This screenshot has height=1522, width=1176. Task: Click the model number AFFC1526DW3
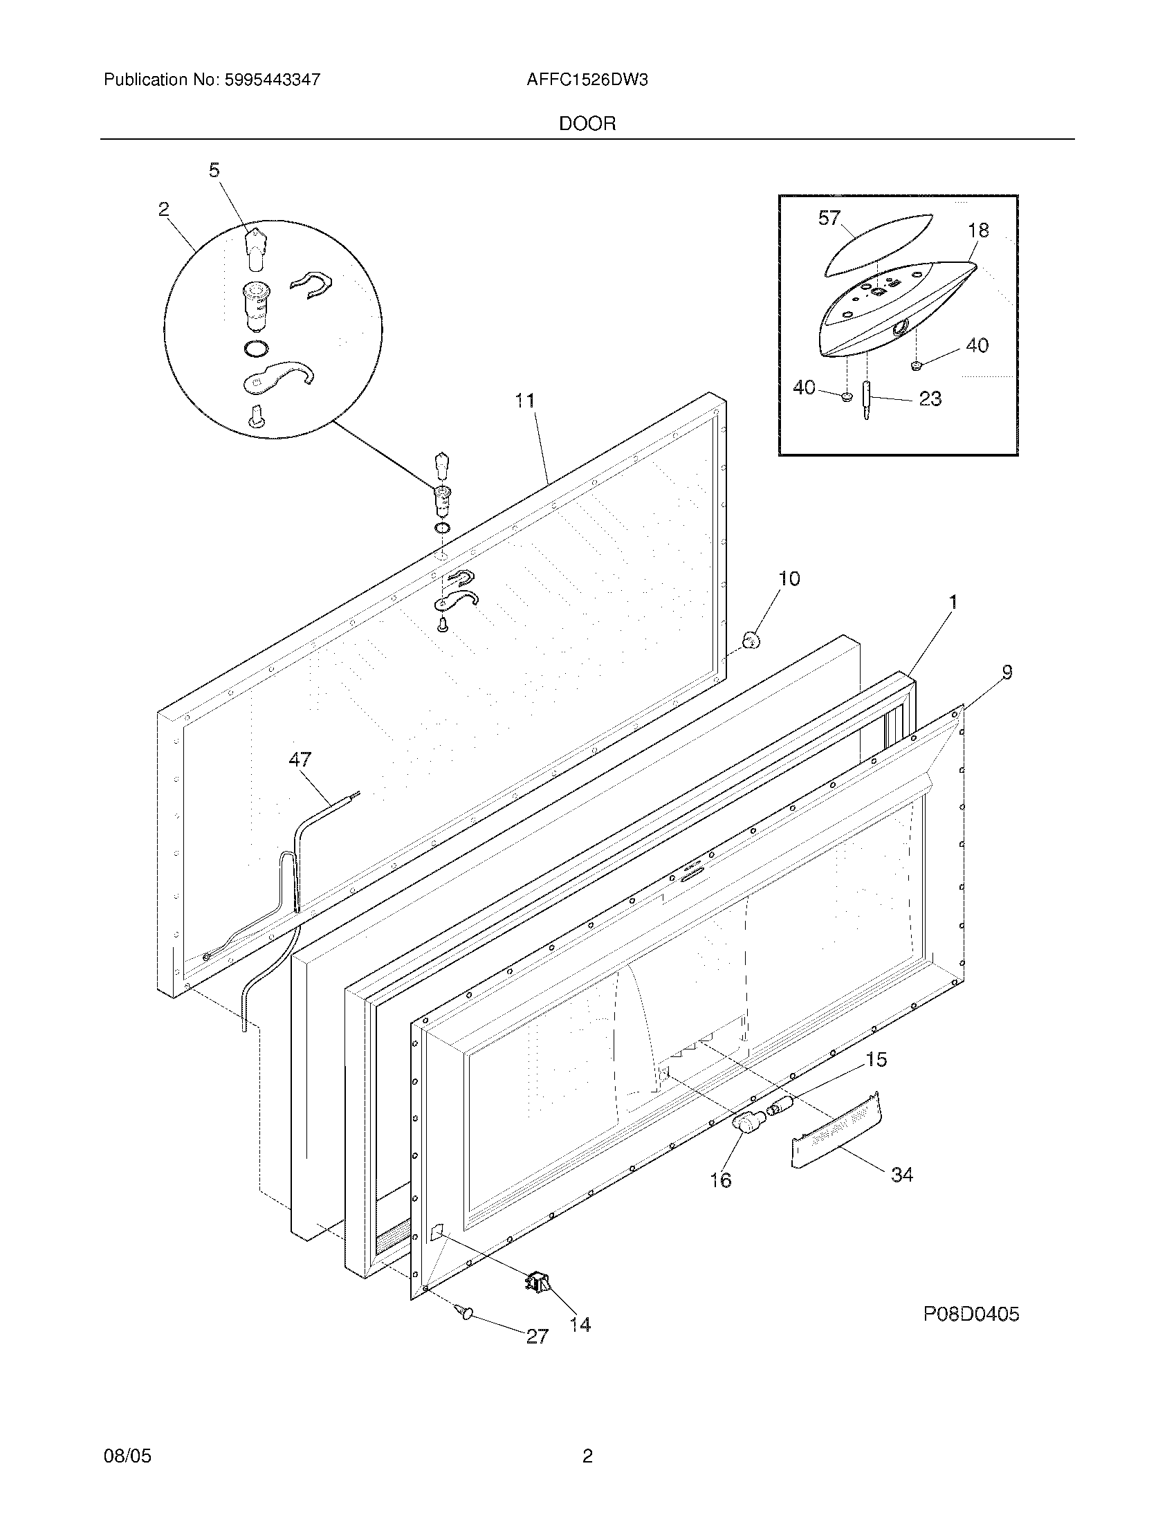pos(587,80)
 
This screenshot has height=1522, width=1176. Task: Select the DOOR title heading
pos(587,124)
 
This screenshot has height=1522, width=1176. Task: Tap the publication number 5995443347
pos(272,80)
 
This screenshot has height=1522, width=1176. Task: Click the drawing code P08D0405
pos(971,1314)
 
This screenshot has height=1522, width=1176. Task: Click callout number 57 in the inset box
pos(829,218)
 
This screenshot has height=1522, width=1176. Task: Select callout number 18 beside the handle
pos(978,230)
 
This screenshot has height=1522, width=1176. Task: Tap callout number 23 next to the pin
pos(930,398)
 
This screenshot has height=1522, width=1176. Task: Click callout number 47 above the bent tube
pos(300,760)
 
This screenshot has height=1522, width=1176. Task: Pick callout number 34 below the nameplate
pos(902,1174)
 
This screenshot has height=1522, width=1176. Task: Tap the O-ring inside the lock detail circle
pos(257,348)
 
